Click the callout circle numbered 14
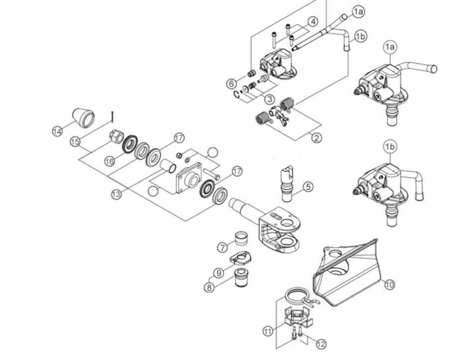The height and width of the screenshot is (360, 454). (x=57, y=131)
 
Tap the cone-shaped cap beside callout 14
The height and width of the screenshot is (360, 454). (x=83, y=118)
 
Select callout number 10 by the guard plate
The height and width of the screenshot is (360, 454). (x=389, y=284)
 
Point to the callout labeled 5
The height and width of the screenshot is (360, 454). (x=308, y=187)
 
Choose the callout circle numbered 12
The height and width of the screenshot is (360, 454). (x=321, y=344)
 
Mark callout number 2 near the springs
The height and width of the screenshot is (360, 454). (x=316, y=138)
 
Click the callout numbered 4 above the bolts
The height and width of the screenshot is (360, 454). (x=312, y=21)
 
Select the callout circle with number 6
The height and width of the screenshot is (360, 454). (x=232, y=83)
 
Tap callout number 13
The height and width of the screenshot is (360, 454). (x=116, y=195)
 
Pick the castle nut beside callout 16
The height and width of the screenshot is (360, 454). (x=116, y=135)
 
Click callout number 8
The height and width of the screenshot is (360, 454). (x=212, y=287)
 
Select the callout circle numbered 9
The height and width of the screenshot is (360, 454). (x=218, y=273)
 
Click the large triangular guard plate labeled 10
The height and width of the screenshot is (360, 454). (x=348, y=274)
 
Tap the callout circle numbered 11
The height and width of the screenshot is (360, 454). (x=267, y=331)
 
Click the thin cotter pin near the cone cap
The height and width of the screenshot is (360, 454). (x=114, y=116)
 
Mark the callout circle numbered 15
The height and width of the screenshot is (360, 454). (x=75, y=142)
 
